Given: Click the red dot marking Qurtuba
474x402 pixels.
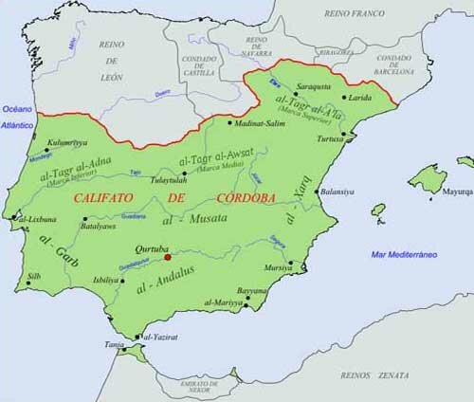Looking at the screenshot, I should (x=167, y=255).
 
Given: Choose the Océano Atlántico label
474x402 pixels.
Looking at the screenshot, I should (x=16, y=118).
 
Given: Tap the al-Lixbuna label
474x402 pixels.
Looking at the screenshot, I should (x=36, y=219).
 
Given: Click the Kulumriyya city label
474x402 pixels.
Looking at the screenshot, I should (x=66, y=143).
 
